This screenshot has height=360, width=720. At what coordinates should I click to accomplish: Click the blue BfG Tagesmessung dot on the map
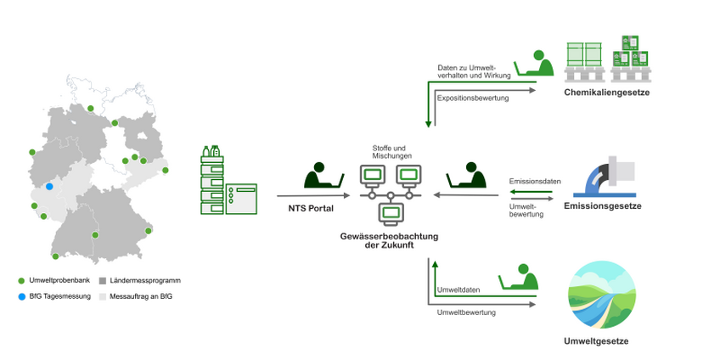(x=49, y=186)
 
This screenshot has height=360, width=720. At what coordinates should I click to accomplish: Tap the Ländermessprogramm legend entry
(x=139, y=280)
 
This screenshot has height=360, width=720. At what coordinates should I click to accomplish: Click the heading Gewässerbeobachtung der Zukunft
(x=390, y=240)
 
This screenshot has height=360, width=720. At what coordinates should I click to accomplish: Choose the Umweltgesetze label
(x=599, y=341)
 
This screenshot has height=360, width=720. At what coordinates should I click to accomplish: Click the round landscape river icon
(x=599, y=295)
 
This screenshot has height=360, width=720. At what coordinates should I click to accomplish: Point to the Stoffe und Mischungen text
(x=391, y=152)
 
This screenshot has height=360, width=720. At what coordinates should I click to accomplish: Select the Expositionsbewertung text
(x=473, y=98)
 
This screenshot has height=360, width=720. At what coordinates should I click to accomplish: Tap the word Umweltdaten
(x=458, y=290)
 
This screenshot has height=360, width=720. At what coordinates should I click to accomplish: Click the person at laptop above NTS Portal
(x=323, y=175)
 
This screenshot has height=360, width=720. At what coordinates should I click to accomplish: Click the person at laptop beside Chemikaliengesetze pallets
(x=533, y=64)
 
